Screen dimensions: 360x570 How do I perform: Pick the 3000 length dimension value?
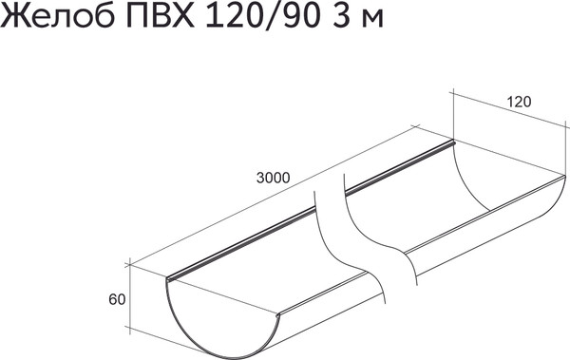(273, 177)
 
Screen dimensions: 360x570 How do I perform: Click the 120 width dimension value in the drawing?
(518, 102)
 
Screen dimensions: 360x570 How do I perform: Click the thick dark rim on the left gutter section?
(242, 243)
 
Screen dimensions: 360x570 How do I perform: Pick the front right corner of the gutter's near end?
(277, 314)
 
